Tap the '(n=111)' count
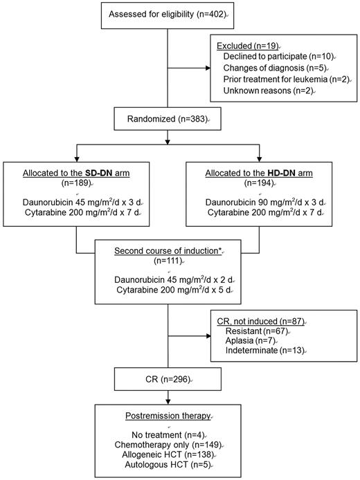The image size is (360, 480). pos(168,260)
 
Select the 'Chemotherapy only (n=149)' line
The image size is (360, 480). pos(167,446)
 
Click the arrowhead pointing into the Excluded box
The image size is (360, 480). pos(210,68)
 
